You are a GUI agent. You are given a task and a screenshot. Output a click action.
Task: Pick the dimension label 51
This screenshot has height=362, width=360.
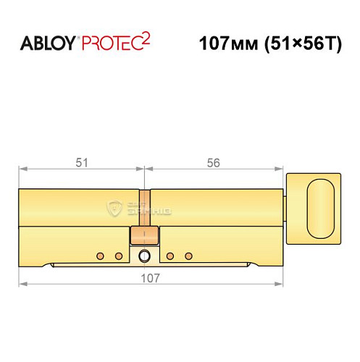pos(81,163)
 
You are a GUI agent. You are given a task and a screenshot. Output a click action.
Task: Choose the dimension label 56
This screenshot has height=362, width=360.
pos(213,163)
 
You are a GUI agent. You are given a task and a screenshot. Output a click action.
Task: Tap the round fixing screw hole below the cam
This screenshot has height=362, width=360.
pos(145,256)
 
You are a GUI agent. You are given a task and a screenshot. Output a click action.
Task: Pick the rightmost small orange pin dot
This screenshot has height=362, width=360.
pos(188,256)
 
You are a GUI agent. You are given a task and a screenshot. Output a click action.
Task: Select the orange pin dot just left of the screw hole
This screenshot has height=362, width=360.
pos(118,256)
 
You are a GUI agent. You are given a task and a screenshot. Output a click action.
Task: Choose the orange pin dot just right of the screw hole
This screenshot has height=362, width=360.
pos(170,256)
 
